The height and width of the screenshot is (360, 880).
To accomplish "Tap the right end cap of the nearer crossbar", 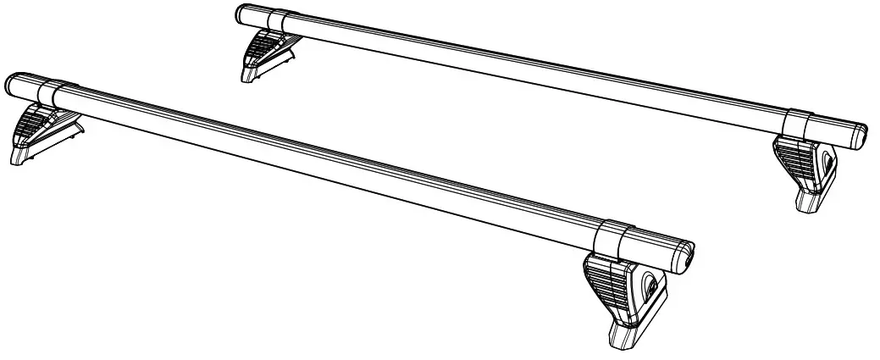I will click(x=684, y=253).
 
